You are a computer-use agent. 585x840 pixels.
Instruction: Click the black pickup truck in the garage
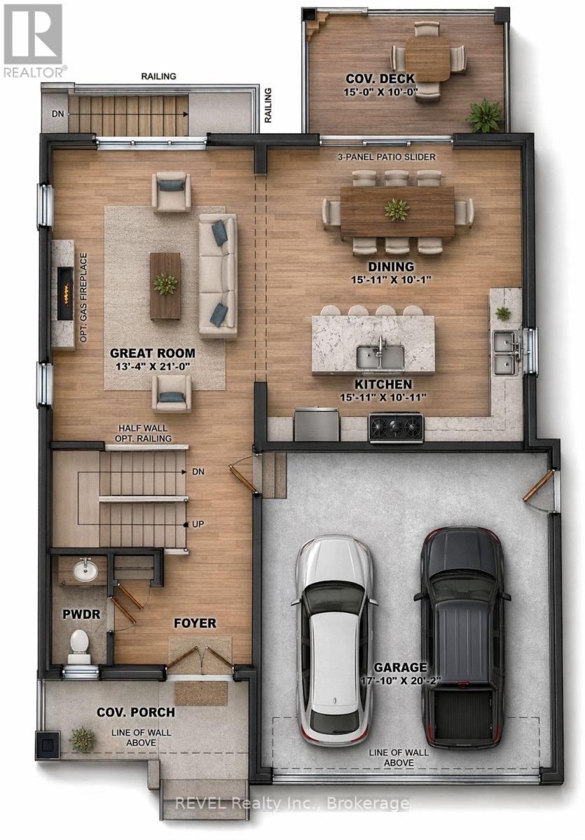click(462, 637)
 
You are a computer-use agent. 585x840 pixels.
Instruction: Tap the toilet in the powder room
click(79, 645)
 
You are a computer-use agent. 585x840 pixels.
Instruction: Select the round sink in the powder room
click(85, 570)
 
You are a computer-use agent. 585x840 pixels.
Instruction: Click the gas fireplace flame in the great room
click(66, 293)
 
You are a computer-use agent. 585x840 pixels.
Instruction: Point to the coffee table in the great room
click(165, 286)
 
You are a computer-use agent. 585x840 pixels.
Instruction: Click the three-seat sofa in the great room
click(218, 276)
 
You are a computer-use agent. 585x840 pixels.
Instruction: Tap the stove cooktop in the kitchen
click(396, 427)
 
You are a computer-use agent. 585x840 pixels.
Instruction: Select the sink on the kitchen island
click(380, 356)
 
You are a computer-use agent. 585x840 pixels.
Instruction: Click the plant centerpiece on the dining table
click(397, 209)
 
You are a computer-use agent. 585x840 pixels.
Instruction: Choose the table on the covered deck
click(427, 57)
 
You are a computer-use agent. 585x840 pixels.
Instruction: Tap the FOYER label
click(195, 623)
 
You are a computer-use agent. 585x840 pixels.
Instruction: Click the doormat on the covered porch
click(201, 693)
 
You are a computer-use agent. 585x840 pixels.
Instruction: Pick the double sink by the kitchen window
click(504, 353)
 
